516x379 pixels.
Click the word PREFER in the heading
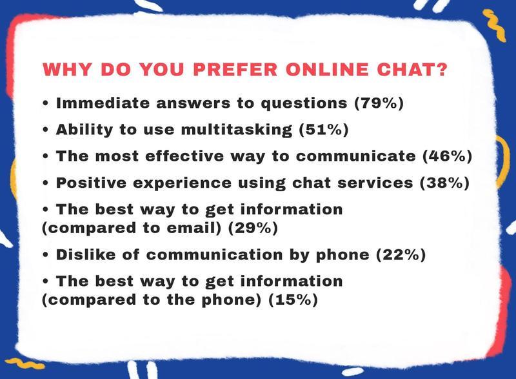pyautogui.click(x=235, y=70)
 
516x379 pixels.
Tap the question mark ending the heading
pyautogui.click(x=441, y=69)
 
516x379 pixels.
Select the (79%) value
pyautogui.click(x=379, y=103)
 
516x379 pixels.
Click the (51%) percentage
pyautogui.click(x=324, y=130)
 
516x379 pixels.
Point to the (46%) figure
pyautogui.click(x=448, y=156)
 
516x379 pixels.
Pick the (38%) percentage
pyautogui.click(x=444, y=183)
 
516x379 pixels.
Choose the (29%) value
pyautogui.click(x=253, y=228)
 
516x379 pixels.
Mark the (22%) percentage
pyautogui.click(x=401, y=255)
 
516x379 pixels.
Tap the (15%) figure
pyautogui.click(x=293, y=300)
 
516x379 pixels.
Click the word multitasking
pyautogui.click(x=237, y=130)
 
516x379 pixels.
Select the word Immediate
pyautogui.click(x=103, y=103)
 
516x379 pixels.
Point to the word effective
pyautogui.click(x=184, y=156)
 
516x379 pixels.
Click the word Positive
pyautogui.click(x=91, y=183)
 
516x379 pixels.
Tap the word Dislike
pyautogui.click(x=86, y=255)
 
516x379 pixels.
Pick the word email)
pyautogui.click(x=194, y=228)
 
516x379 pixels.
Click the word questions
pyautogui.click(x=304, y=104)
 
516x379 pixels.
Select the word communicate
pyautogui.click(x=356, y=156)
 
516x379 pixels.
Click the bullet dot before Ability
pyautogui.click(x=45, y=130)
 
